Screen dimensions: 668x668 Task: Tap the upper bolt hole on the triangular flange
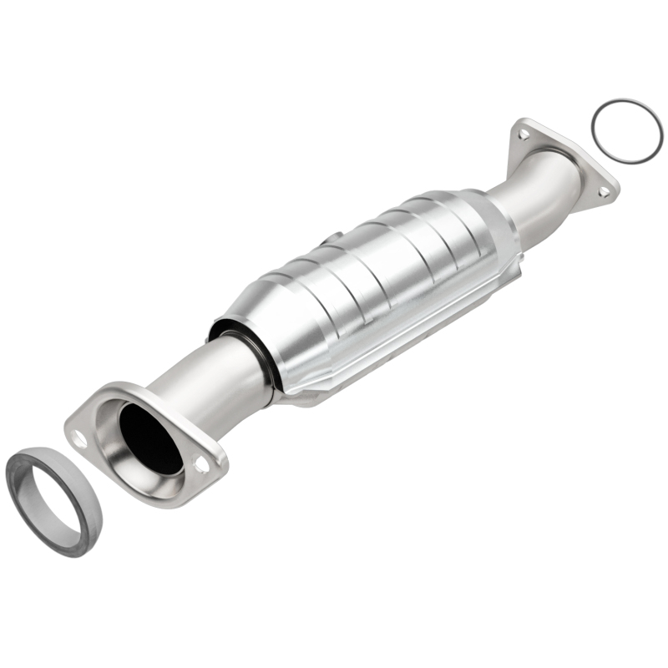[524, 133]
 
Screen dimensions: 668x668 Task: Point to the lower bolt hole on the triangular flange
[603, 192]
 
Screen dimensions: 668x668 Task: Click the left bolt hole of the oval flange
[80, 436]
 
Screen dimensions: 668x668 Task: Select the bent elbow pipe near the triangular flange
[543, 188]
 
